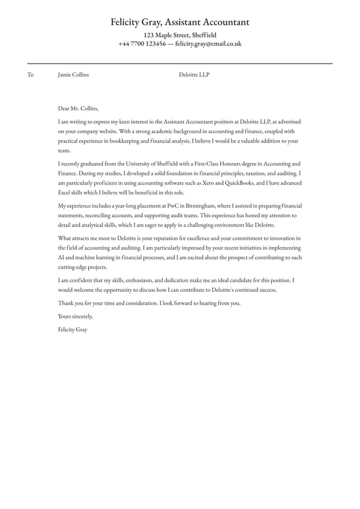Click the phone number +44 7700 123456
(x=142, y=44)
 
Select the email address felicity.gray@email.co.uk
(x=208, y=44)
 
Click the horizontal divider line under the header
(x=180, y=64)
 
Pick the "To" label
(x=30, y=75)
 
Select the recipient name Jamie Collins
(x=73, y=75)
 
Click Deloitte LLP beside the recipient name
(x=194, y=75)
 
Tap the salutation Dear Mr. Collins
(x=78, y=108)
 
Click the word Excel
(x=65, y=192)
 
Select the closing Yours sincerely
(x=75, y=317)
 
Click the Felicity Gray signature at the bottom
(x=73, y=330)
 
